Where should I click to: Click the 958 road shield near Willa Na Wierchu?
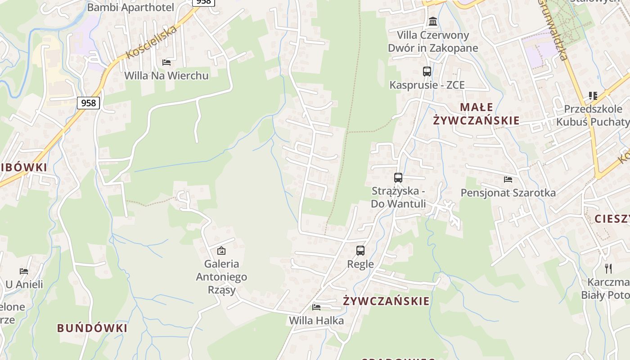point(89,103)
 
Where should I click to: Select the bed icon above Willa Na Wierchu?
point(166,62)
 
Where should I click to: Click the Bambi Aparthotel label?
point(130,8)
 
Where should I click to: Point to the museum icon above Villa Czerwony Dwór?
point(433,21)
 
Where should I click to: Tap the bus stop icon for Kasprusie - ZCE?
point(427,71)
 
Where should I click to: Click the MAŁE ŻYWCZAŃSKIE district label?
point(476,114)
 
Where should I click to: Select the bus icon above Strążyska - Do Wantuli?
point(398,178)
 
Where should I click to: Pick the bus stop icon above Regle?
point(360,251)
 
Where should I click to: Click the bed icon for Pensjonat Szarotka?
point(508,180)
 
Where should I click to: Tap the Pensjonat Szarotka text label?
point(508,193)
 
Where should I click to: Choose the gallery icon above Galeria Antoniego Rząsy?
point(221,251)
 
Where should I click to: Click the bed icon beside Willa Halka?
point(316,307)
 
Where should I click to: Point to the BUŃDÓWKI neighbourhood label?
point(92,328)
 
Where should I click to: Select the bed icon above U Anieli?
point(24,271)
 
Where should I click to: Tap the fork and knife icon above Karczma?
point(608,269)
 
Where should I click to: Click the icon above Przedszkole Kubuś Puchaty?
point(593,96)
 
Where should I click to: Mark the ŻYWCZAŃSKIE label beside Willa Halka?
point(386,301)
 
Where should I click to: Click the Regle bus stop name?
point(360,264)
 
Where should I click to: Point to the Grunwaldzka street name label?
point(553,31)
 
